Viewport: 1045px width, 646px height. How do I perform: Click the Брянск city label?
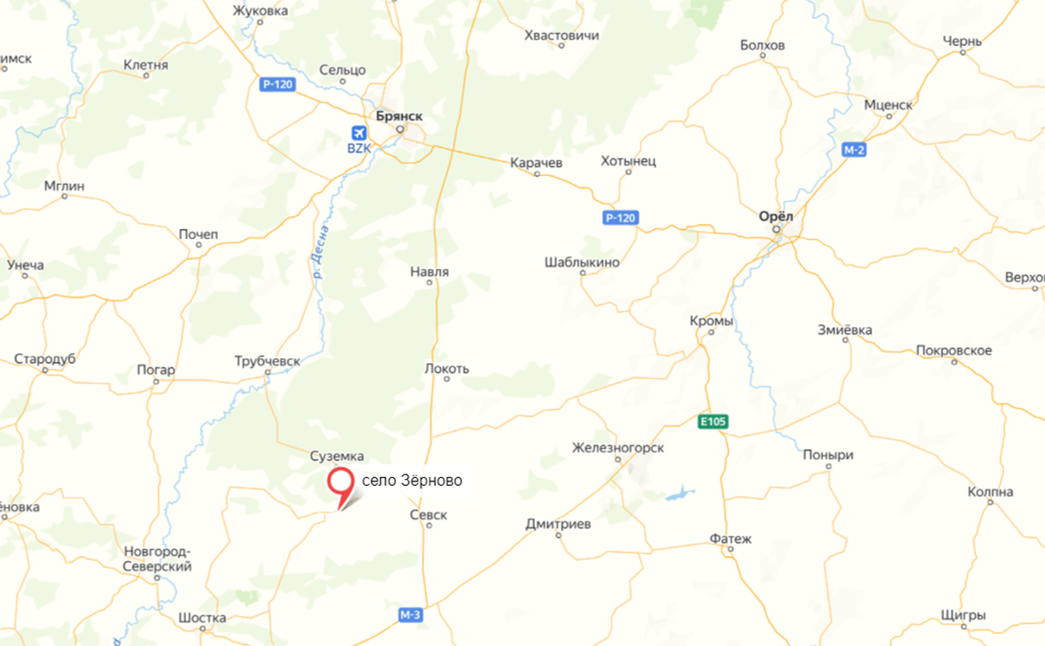399,116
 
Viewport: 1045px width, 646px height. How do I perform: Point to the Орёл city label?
777,216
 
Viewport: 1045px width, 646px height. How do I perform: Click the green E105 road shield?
712,422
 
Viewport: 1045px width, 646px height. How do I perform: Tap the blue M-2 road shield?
854,150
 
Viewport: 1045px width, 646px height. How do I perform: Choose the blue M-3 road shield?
410,615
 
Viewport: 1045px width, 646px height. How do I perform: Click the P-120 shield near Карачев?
621,218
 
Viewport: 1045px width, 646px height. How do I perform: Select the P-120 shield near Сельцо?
277,84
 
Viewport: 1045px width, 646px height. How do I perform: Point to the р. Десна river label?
321,251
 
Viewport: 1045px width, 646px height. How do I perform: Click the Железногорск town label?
618,449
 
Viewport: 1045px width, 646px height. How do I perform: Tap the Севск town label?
430,514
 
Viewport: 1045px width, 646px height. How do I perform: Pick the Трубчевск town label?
267,361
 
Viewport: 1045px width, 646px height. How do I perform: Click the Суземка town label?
337,456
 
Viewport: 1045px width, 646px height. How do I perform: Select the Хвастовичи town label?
561,35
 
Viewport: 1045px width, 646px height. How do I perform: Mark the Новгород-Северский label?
158,559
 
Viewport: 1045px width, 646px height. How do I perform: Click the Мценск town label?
887,104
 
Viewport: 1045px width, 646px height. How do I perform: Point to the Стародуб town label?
44,359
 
